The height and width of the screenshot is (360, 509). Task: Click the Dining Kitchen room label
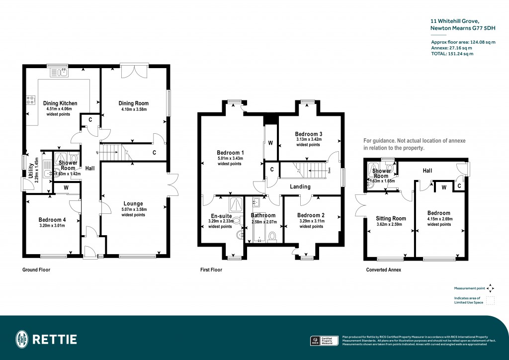(x=59, y=103)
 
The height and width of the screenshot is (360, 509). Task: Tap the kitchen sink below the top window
(x=62, y=74)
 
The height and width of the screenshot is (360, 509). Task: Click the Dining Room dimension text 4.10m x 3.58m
(x=133, y=109)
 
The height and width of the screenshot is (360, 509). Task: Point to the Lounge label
(x=133, y=203)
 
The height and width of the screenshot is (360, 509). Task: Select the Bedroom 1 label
(x=230, y=153)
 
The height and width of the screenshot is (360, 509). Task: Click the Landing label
(x=300, y=186)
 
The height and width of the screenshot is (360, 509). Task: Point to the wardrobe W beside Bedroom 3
(x=270, y=143)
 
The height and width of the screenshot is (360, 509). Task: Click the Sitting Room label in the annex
(x=391, y=218)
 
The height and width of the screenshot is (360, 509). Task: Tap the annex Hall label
(x=427, y=171)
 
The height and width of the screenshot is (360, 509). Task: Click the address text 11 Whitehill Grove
(x=454, y=21)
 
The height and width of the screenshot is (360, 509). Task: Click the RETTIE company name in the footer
(x=55, y=340)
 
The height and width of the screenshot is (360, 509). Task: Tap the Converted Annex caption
(x=383, y=270)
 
